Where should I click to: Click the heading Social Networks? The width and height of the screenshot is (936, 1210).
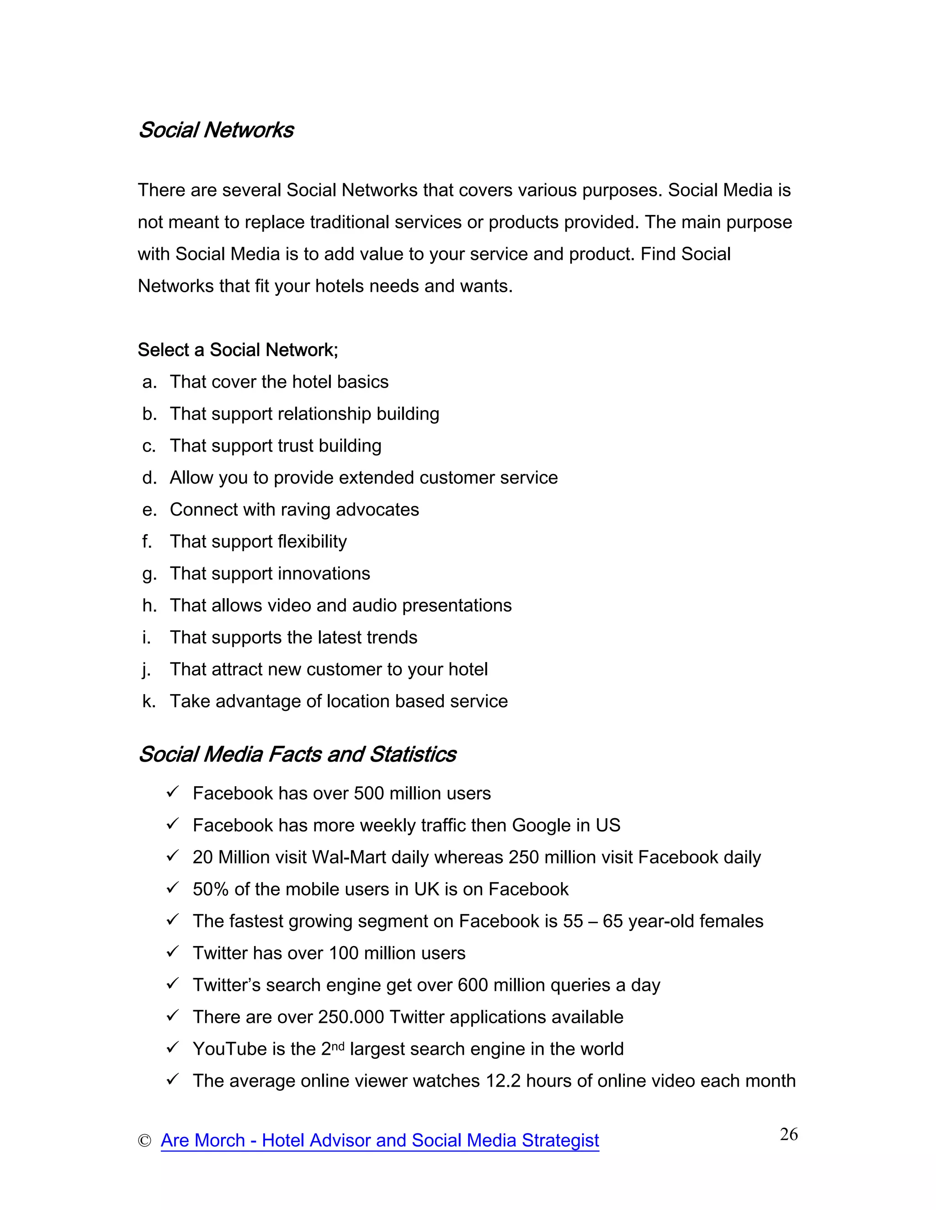point(216,130)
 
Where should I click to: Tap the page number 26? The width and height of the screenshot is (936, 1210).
point(788,1134)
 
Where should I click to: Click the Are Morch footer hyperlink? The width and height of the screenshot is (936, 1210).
point(379,1140)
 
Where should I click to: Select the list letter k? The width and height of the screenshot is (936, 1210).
point(148,701)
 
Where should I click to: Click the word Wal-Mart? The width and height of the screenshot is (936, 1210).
point(349,857)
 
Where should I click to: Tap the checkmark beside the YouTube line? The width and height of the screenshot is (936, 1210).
point(172,1047)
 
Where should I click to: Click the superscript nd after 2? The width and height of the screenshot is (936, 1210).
point(338,1046)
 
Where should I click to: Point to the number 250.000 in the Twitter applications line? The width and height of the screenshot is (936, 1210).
point(351,1017)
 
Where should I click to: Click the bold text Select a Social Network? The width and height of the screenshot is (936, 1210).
point(237,350)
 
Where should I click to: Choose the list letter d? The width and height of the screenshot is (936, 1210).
point(149,478)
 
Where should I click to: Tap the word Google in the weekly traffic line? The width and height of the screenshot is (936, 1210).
point(541,826)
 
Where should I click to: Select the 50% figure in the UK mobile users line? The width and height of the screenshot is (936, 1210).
point(211,889)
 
